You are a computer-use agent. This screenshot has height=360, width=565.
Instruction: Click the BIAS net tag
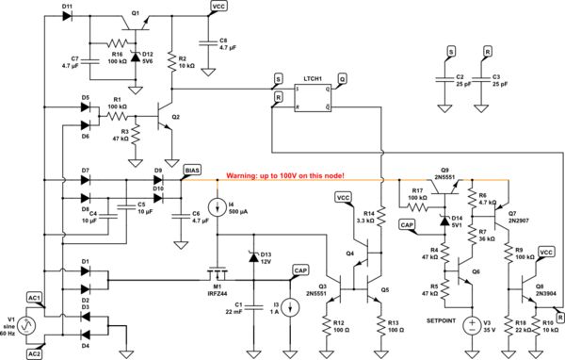click(x=191, y=169)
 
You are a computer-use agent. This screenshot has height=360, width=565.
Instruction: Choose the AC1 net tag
click(x=35, y=299)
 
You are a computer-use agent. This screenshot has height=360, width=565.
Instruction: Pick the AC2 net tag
click(x=35, y=352)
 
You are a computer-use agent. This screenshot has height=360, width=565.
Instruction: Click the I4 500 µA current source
click(x=218, y=206)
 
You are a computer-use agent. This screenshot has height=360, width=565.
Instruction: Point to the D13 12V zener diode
click(x=251, y=257)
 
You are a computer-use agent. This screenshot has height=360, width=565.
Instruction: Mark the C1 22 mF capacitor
click(x=252, y=307)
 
